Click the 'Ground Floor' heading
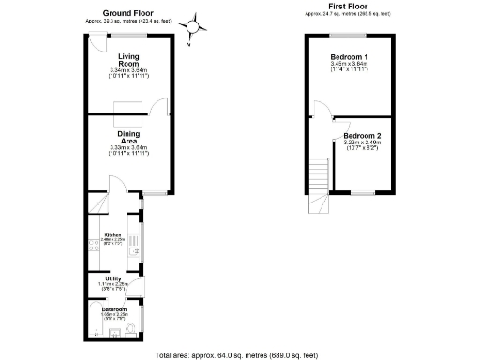(128, 13)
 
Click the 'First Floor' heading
(346, 6)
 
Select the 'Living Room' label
(128, 60)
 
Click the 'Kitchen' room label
(112, 235)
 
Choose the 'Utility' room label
(112, 278)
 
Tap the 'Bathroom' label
(113, 308)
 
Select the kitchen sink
(135, 247)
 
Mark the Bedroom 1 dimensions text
(348, 70)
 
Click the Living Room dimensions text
(128, 74)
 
